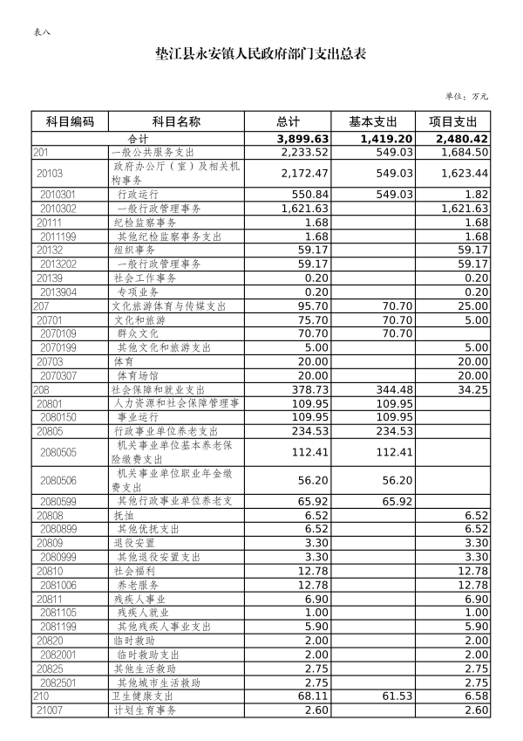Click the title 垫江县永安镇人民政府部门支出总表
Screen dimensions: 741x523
point(261,53)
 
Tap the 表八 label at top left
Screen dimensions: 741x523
point(41,32)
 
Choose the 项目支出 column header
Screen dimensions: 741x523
point(453,121)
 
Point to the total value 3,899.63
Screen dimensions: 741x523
point(302,139)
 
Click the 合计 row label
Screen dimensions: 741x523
point(139,139)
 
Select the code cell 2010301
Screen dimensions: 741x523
point(58,194)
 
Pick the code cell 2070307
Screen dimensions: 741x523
point(58,375)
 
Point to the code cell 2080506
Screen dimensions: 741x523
point(58,480)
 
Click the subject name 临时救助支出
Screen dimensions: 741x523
point(148,655)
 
